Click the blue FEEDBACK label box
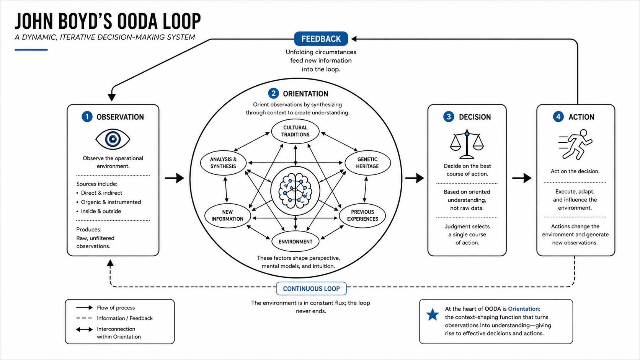tap(321, 39)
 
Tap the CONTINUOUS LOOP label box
tap(312, 288)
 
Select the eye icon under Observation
tap(113, 139)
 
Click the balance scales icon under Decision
tap(467, 145)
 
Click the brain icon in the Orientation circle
tap(295, 191)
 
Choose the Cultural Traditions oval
tap(295, 131)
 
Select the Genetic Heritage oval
tap(367, 163)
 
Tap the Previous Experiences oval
tap(362, 215)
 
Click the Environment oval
tap(295, 242)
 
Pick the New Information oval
tap(227, 215)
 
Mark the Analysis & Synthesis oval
tap(223, 163)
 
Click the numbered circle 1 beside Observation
tap(87, 117)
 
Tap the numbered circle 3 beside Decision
tap(449, 117)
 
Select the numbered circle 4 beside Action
tap(558, 117)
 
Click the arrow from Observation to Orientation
tap(175, 178)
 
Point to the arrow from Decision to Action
tap(522, 178)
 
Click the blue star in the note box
tap(433, 314)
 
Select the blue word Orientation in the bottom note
tap(523, 309)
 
